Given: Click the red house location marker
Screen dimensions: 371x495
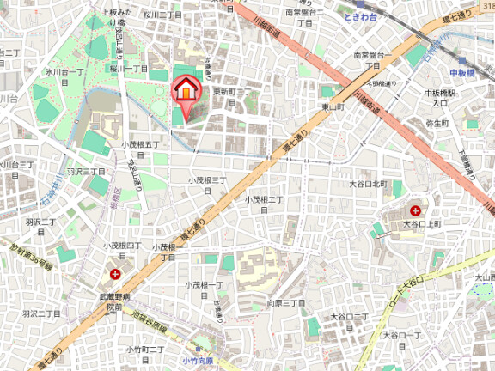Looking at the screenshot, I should [185, 89].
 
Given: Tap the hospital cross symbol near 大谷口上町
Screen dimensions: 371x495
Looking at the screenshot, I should [415, 210].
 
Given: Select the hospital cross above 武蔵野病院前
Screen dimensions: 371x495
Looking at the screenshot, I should [116, 275].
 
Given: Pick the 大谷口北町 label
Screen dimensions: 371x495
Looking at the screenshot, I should [369, 184].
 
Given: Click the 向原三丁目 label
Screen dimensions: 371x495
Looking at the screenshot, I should [286, 303].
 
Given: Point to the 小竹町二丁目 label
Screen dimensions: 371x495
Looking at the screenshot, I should [145, 350].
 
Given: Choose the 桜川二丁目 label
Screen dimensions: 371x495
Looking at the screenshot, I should [162, 15].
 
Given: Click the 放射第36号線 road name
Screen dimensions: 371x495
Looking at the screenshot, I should [31, 255].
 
